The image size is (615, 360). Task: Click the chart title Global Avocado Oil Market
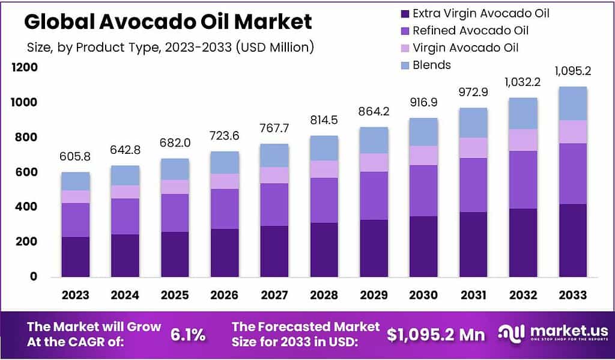[x=168, y=22]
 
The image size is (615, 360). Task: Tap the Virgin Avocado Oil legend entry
[x=474, y=47]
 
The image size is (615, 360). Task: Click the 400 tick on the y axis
[x=26, y=207]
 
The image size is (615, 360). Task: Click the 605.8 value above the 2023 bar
[x=75, y=156]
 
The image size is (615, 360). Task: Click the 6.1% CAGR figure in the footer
[x=188, y=335]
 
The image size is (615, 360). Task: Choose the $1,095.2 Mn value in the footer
[x=436, y=335]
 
